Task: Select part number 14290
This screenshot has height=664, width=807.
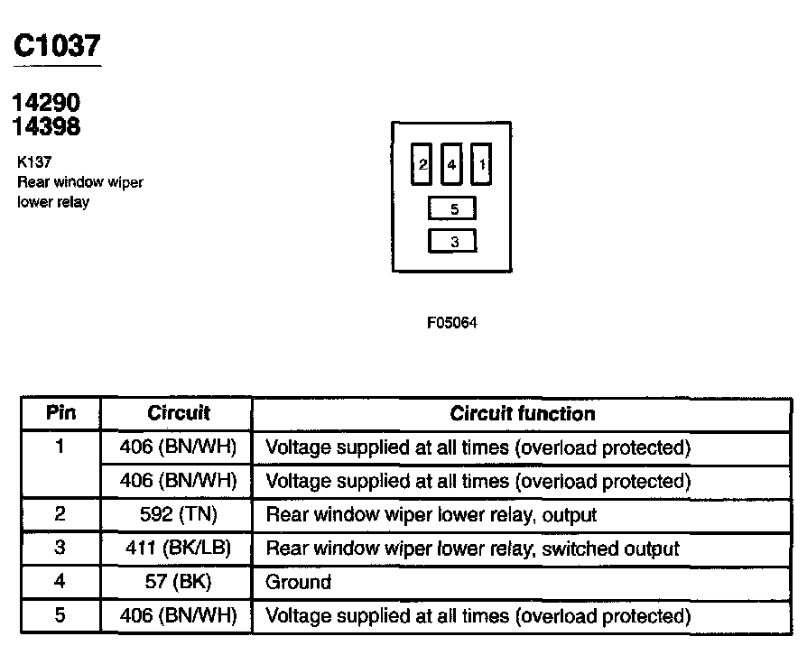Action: [x=47, y=103]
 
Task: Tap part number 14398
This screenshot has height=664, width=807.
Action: [x=47, y=127]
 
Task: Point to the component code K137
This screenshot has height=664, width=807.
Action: [x=33, y=163]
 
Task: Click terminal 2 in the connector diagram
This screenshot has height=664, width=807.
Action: [x=422, y=165]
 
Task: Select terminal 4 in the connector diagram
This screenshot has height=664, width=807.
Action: [x=452, y=165]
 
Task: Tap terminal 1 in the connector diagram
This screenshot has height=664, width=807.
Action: [x=482, y=165]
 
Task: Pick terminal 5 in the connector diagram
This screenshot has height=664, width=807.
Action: [x=453, y=209]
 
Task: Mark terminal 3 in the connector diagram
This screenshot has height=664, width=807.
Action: [x=453, y=241]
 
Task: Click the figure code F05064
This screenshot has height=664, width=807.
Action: [x=452, y=323]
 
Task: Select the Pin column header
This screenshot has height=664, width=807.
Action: [x=60, y=413]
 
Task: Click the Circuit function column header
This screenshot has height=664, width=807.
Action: [x=522, y=413]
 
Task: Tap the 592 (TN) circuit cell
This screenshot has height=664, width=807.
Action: [x=178, y=515]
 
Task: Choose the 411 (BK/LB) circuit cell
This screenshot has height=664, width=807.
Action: [x=178, y=549]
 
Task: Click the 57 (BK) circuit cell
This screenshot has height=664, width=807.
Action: [x=178, y=582]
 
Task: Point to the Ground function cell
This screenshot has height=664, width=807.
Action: [x=298, y=582]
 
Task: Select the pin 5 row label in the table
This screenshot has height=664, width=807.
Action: [x=60, y=616]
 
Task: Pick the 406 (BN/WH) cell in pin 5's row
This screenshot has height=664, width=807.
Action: [x=178, y=616]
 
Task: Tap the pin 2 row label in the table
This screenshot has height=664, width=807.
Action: [x=60, y=515]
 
